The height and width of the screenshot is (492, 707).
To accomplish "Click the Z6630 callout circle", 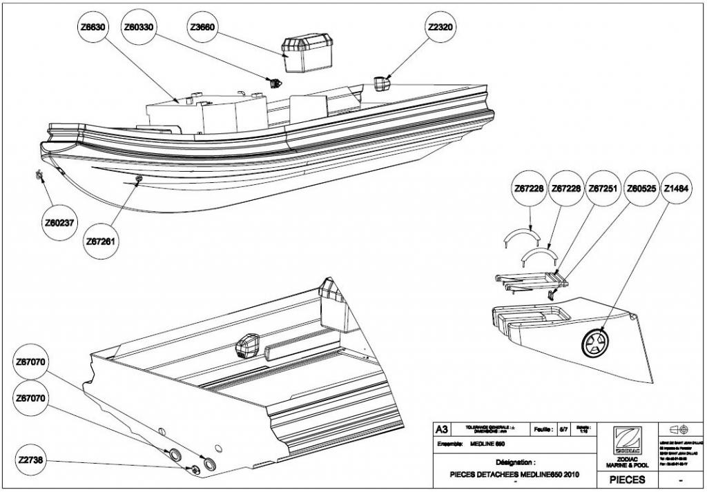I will (93, 28).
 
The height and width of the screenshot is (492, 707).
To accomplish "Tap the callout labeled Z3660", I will (202, 28).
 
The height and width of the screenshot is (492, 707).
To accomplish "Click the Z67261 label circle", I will (101, 242).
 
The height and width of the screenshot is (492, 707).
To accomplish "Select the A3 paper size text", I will (443, 429).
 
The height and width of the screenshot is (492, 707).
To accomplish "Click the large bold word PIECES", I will (626, 479).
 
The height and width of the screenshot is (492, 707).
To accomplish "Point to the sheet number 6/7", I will (564, 429).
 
